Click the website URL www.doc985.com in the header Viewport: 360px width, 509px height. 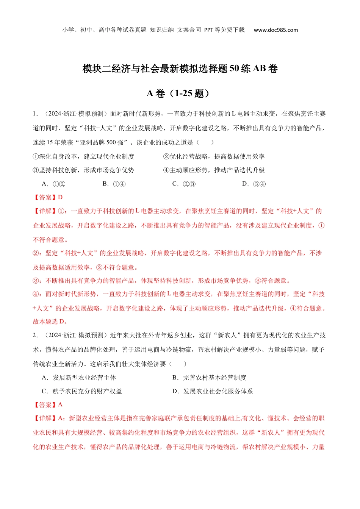coord(275,30)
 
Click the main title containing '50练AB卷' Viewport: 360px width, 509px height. coord(180,69)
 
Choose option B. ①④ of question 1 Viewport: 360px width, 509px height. coord(114,184)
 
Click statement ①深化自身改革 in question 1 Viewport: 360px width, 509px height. coord(83,156)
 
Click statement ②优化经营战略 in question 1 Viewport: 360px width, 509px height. coord(214,156)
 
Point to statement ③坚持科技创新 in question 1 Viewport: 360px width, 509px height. coord(83,170)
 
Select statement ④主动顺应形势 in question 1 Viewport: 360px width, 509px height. coord(214,170)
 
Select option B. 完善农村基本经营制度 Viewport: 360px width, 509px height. coord(209,378)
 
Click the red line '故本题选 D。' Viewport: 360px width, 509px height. coord(50,322)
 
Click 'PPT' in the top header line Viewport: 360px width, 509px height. coord(208,30)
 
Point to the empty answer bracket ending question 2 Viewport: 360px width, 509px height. coord(178,364)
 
